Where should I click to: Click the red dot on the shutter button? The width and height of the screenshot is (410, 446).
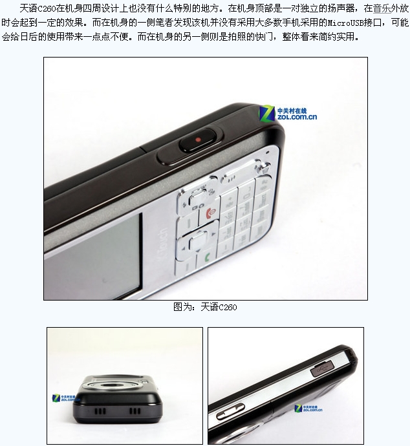click(199, 140)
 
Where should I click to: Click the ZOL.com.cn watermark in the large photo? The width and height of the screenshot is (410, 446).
click(288, 113)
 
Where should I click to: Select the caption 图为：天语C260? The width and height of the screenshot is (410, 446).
click(205, 307)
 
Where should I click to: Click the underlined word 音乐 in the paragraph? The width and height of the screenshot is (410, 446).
click(382, 8)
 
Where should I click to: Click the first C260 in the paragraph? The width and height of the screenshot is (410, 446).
click(47, 9)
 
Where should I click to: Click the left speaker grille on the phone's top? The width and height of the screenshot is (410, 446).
click(100, 411)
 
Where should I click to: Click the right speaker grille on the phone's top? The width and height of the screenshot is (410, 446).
click(135, 411)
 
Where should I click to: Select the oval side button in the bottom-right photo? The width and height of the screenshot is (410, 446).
click(230, 412)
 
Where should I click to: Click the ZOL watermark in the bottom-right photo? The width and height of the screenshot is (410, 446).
click(308, 409)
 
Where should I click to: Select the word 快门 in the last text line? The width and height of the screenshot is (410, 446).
click(264, 36)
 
